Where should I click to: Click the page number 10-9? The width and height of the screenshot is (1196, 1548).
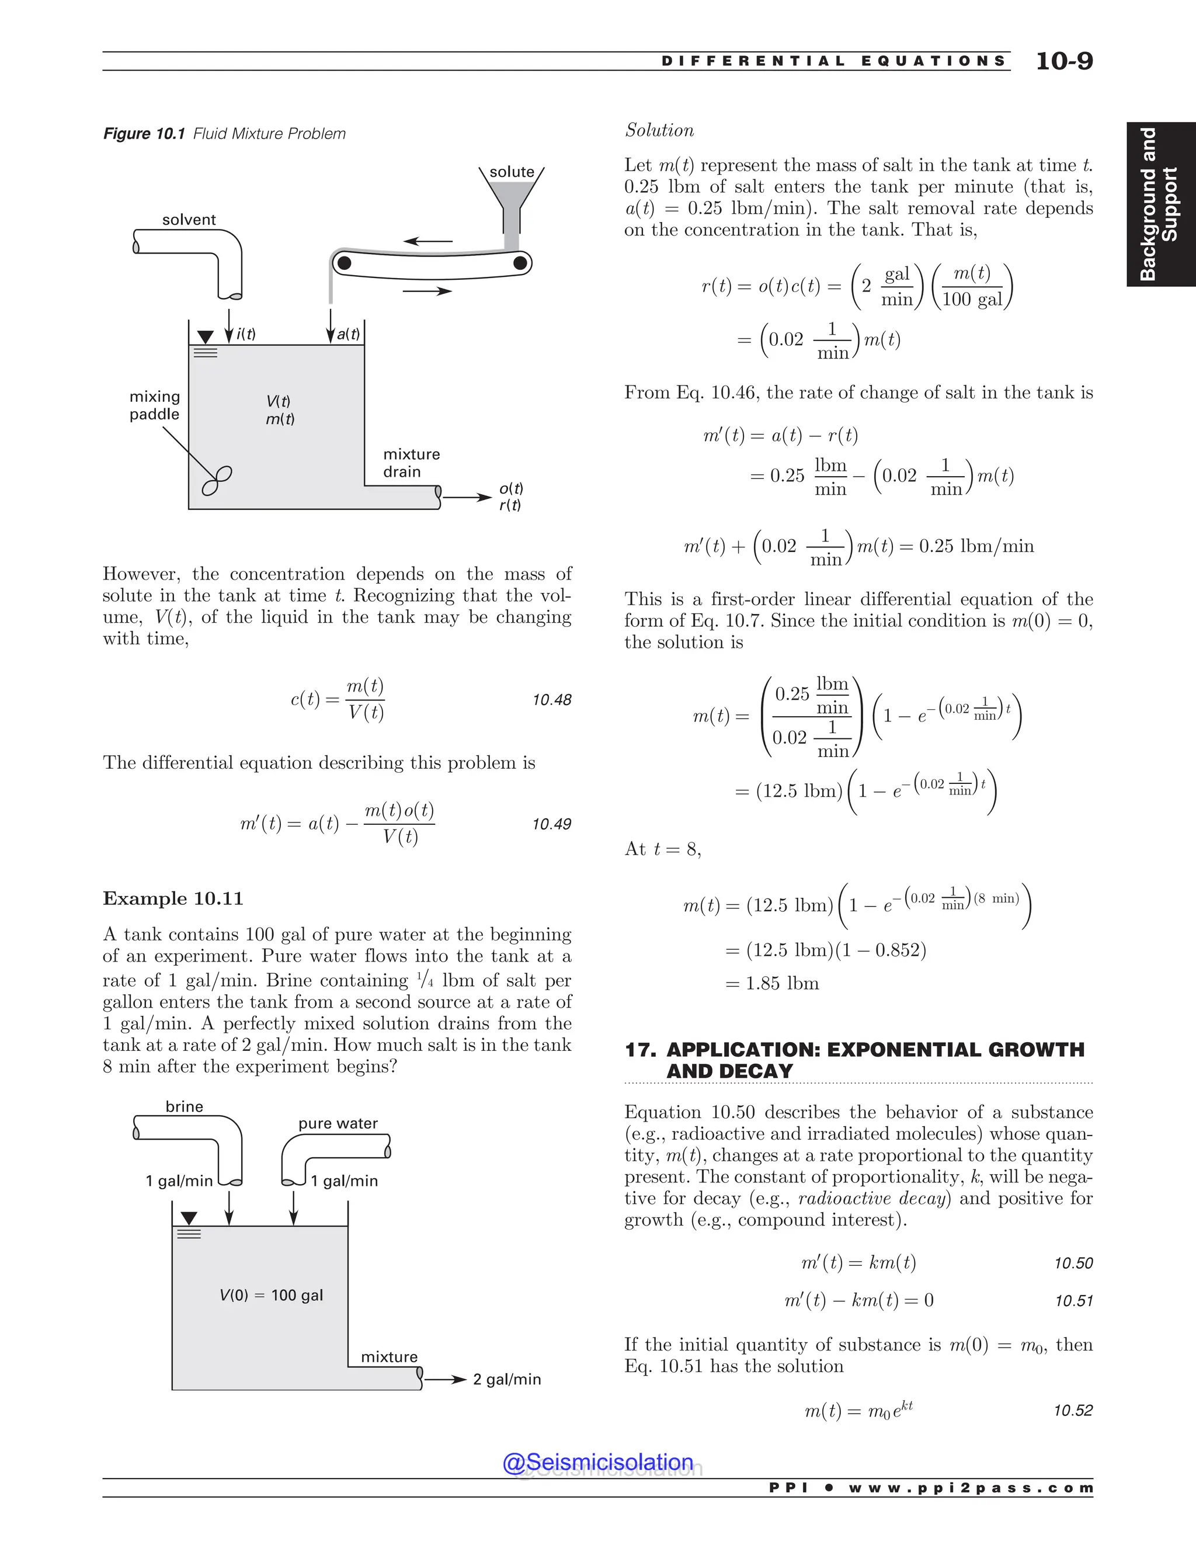pyautogui.click(x=1063, y=61)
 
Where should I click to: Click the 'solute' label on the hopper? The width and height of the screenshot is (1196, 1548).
pyautogui.click(x=512, y=172)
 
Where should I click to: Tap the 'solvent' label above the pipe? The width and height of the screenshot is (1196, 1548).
pyautogui.click(x=189, y=220)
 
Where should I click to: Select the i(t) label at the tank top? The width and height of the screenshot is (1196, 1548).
pyautogui.click(x=246, y=334)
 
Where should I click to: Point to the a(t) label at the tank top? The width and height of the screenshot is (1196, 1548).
pyautogui.click(x=348, y=334)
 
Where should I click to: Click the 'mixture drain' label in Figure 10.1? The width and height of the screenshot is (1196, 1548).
pyautogui.click(x=411, y=463)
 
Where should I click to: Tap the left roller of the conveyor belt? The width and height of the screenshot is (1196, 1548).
pyautogui.click(x=343, y=263)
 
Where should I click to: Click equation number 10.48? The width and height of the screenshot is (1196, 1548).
pyautogui.click(x=551, y=700)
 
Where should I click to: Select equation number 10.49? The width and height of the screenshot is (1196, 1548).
pyautogui.click(x=551, y=824)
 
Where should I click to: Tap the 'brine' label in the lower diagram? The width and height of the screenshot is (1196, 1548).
pyautogui.click(x=184, y=1106)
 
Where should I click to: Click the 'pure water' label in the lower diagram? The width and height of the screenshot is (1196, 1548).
pyautogui.click(x=338, y=1123)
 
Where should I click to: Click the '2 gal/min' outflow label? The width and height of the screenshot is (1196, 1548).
pyautogui.click(x=506, y=1379)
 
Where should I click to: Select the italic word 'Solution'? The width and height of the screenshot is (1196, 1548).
pyautogui.click(x=659, y=130)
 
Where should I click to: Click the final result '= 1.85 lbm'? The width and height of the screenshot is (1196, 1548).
pyautogui.click(x=772, y=983)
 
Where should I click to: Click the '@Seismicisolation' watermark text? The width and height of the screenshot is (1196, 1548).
pyautogui.click(x=597, y=1462)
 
